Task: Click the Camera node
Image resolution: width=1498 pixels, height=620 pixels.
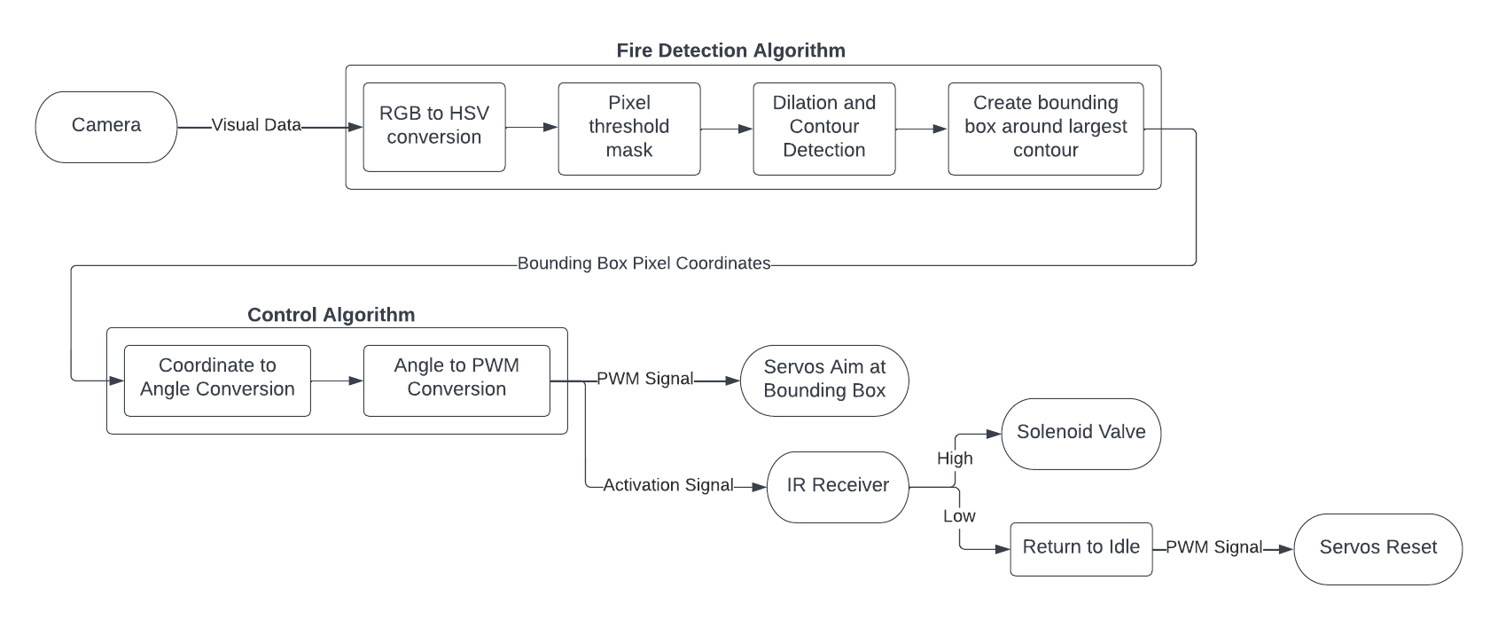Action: pos(105,126)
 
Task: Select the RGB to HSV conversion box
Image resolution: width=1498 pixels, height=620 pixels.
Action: pos(433,127)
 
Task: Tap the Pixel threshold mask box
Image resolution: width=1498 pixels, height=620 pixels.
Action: pos(628,128)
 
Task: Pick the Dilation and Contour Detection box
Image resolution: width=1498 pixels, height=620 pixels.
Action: pos(823,128)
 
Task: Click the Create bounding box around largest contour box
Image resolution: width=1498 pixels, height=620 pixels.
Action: pos(1045,128)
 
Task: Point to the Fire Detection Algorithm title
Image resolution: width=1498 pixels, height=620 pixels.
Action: pos(730,51)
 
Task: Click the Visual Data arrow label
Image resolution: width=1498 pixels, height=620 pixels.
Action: pos(256,125)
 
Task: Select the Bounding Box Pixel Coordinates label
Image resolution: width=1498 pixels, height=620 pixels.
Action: pos(644,263)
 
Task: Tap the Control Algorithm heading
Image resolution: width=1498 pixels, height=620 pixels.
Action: pos(331,315)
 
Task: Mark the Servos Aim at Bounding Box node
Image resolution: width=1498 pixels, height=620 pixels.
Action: pos(824,380)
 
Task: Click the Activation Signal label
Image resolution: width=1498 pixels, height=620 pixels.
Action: pos(667,485)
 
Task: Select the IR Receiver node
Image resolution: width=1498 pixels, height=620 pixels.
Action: pos(838,486)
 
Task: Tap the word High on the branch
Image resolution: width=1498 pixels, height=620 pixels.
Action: pos(955,459)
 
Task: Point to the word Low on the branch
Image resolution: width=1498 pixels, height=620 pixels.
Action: pos(959,516)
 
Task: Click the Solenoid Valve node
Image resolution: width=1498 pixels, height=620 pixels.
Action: pos(1081,433)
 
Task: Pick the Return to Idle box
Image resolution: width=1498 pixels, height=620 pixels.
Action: pos(1081,548)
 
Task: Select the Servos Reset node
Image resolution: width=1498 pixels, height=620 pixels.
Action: pos(1377,548)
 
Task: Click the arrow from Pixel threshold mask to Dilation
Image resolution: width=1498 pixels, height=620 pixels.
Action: pos(726,129)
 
